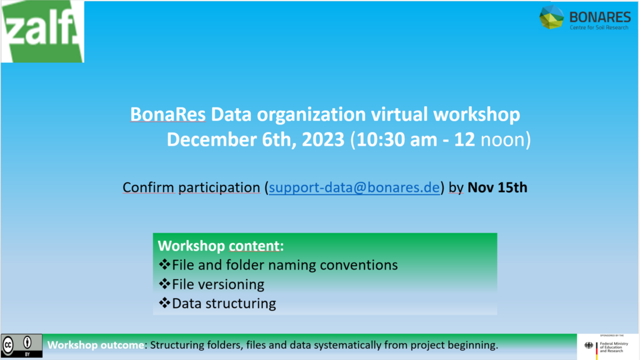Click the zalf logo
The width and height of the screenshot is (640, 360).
coord(43,31)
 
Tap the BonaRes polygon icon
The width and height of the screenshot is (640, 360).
coord(551,17)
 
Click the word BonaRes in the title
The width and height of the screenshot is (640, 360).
coord(168,114)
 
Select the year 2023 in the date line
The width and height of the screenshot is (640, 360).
coord(323,140)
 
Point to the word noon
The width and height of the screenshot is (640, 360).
coord(502,140)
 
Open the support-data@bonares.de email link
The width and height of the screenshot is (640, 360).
coord(354,188)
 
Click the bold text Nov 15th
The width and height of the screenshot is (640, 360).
coord(497,188)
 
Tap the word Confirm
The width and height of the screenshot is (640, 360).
coord(148,188)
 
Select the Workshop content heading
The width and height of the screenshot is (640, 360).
coord(221,246)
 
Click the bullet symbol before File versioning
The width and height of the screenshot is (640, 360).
coord(164,284)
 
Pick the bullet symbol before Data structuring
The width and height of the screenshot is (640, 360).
coord(164,303)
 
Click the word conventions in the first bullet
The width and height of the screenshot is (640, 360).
coord(359,265)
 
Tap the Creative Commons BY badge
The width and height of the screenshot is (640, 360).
coord(22,346)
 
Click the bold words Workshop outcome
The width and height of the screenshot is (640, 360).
coord(96,345)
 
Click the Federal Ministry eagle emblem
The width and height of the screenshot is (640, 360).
coord(588,346)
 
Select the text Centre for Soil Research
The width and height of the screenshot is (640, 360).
coord(599,28)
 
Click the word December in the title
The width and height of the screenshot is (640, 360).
coord(212,140)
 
